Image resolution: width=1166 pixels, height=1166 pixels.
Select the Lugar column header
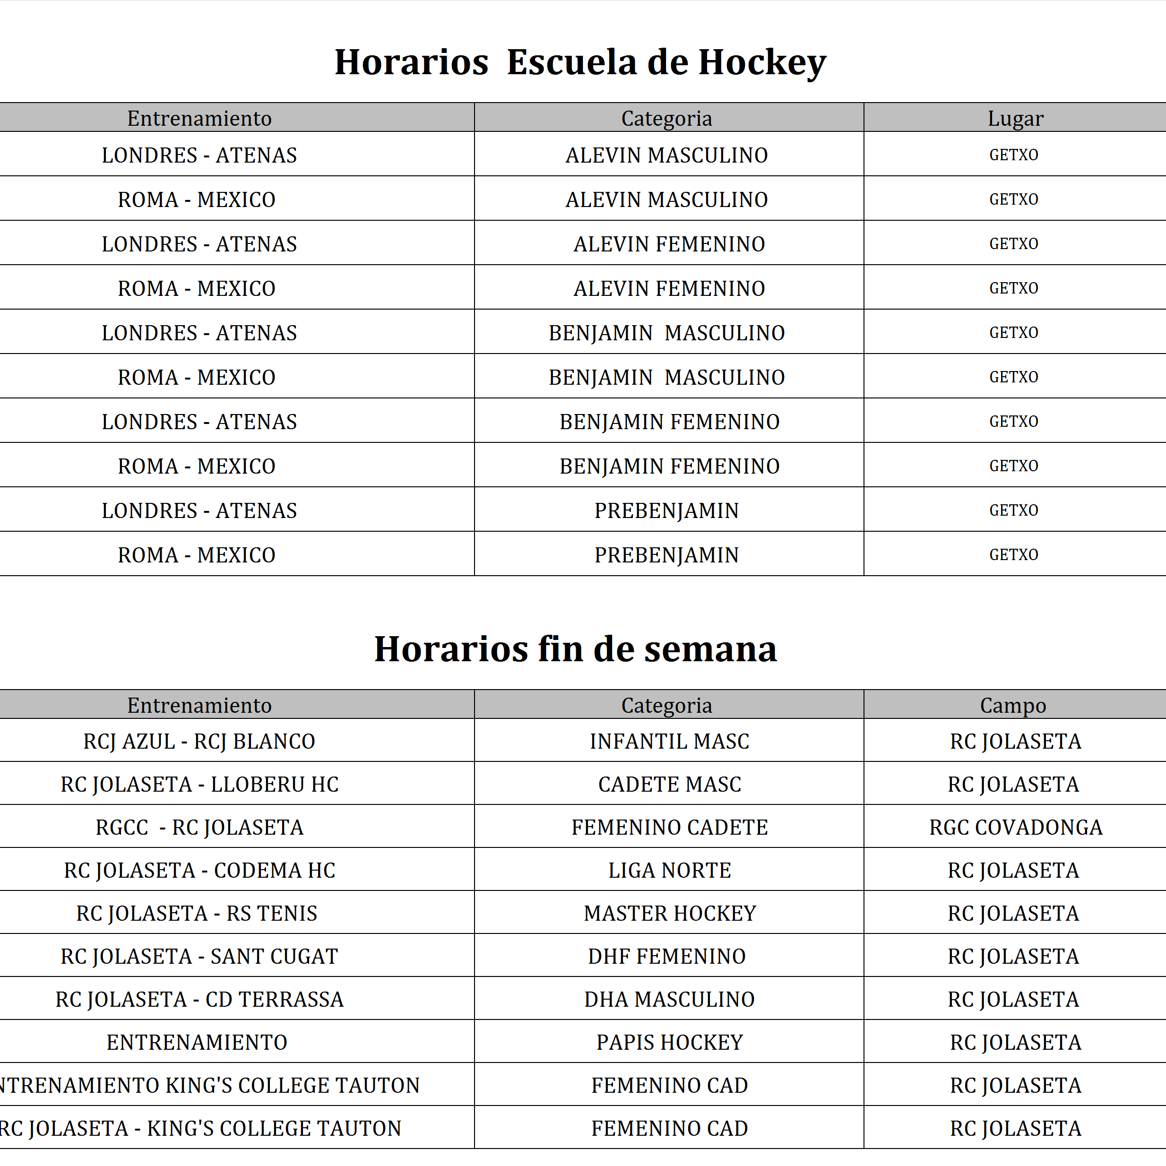pos(1015,118)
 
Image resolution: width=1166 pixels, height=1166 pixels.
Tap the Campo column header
pos(1013,705)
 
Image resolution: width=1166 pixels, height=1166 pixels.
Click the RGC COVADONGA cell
pos(1015,827)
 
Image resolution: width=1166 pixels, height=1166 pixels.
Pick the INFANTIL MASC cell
pos(669,741)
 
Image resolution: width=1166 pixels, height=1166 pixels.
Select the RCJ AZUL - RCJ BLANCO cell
pos(199,741)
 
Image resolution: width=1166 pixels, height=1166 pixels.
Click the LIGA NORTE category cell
pos(669,870)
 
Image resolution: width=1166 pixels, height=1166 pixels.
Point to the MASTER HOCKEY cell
pos(669,913)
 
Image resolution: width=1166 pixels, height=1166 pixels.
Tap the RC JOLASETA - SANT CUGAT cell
pos(199,956)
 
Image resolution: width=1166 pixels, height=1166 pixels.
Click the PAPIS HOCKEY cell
pos(669,1042)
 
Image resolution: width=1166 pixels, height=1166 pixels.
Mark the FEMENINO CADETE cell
pos(669,827)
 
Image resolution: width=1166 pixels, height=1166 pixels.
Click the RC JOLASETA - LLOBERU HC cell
pos(199,784)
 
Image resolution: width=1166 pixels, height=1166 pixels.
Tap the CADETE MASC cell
pos(669,784)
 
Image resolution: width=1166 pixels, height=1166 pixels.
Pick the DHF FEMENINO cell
pos(666,956)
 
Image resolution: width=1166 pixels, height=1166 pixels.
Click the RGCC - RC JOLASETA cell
pos(199,827)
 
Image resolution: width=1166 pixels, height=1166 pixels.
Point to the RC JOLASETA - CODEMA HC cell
pos(199,870)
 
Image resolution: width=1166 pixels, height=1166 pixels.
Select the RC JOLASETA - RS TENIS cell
pos(196,913)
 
